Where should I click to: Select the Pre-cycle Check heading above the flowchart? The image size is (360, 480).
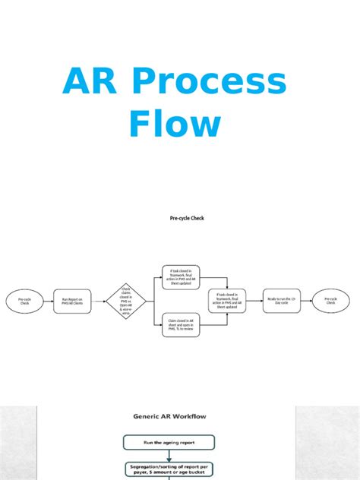[x=186, y=219]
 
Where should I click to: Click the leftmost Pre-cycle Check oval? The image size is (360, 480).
[x=24, y=302]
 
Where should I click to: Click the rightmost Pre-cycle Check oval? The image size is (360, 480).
[x=330, y=301]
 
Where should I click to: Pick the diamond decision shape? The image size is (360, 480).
[x=124, y=302]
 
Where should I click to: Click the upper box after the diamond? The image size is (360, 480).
[x=182, y=278]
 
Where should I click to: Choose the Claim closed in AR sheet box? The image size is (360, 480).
[x=182, y=326]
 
